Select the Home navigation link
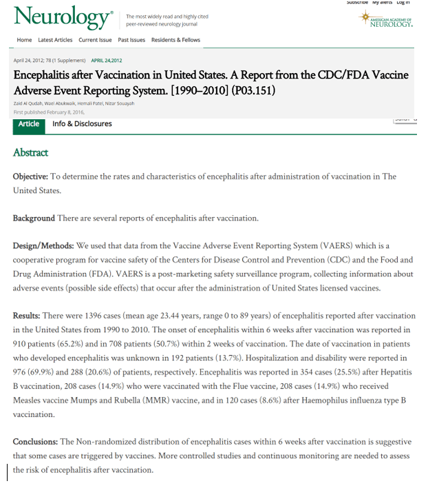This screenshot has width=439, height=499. [x=24, y=40]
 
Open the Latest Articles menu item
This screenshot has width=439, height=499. [x=55, y=40]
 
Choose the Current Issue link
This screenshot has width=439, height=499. [x=96, y=40]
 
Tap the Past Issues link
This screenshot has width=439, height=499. [x=131, y=40]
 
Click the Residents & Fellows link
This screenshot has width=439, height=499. [x=175, y=40]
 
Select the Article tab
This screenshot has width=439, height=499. [x=29, y=124]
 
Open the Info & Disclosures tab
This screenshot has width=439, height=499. [x=82, y=124]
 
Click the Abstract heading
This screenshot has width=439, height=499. [x=30, y=152]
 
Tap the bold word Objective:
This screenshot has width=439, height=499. [x=31, y=176]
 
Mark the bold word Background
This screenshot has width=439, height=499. [x=34, y=218]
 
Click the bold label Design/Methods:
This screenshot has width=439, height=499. [x=43, y=245]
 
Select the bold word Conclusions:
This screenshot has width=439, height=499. [x=36, y=441]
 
